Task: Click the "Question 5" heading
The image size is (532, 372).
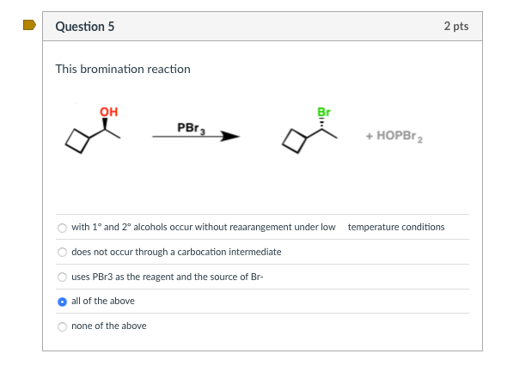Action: pyautogui.click(x=84, y=27)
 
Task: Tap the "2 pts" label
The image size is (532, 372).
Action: pyautogui.click(x=456, y=27)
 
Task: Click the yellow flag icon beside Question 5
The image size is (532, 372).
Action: pyautogui.click(x=29, y=25)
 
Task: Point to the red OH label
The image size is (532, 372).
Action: pyautogui.click(x=108, y=112)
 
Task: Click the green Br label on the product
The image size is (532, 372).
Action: pyautogui.click(x=324, y=113)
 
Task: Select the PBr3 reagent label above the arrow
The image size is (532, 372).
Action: pyautogui.click(x=189, y=127)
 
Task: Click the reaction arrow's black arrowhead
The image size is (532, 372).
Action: pyautogui.click(x=229, y=136)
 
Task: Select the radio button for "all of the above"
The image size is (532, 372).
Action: pyautogui.click(x=62, y=302)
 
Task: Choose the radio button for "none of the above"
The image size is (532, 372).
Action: pyautogui.click(x=62, y=326)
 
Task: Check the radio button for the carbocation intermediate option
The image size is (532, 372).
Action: pyautogui.click(x=62, y=253)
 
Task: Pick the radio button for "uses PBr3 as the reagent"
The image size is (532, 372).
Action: pyautogui.click(x=62, y=277)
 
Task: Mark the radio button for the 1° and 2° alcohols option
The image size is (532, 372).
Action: pyautogui.click(x=62, y=228)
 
